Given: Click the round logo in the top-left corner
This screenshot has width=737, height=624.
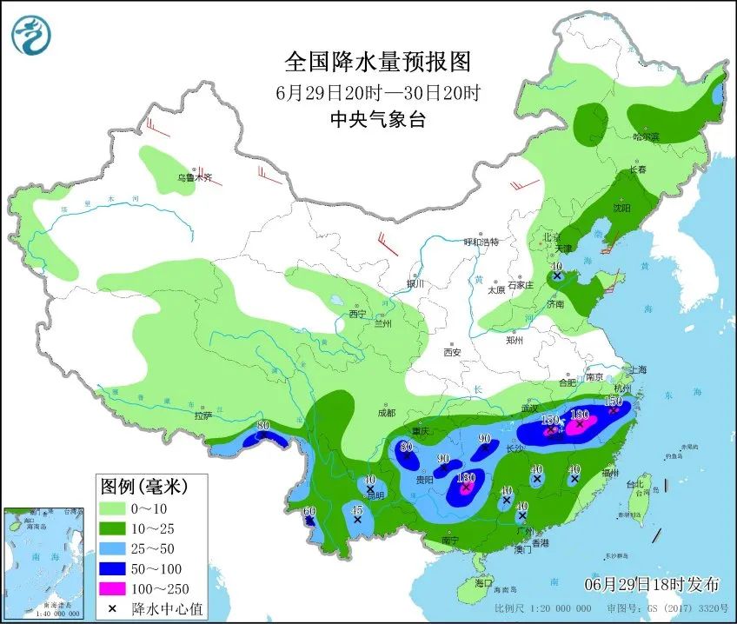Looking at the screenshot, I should [x=31, y=35].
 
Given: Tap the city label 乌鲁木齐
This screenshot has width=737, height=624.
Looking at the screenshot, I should [x=195, y=177].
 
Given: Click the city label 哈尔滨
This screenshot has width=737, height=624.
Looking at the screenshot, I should [x=646, y=136].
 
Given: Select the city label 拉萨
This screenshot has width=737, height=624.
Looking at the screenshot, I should [x=203, y=416].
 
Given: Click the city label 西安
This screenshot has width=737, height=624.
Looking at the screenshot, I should [x=452, y=352].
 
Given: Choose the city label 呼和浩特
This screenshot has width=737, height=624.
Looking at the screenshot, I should [x=481, y=242].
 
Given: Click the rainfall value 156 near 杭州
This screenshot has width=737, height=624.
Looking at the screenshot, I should [x=613, y=401].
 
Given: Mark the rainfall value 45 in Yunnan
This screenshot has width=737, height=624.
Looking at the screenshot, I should [x=356, y=509].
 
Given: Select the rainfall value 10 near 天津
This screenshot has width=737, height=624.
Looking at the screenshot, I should [x=556, y=267].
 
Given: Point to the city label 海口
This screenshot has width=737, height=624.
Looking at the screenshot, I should [x=482, y=583].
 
